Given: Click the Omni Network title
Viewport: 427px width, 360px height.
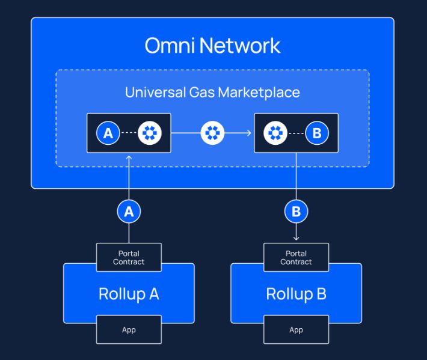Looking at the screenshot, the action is [212, 46].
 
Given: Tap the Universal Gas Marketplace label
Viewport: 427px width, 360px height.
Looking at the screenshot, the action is [212, 92].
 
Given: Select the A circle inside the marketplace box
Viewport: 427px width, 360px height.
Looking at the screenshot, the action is [108, 133].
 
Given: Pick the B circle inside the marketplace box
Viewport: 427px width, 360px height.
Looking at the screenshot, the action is [317, 133].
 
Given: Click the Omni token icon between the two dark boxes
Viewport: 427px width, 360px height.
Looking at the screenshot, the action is [212, 133].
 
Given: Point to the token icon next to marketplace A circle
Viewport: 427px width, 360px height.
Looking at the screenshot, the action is [150, 133].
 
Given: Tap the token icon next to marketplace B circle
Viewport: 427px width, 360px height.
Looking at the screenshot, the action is [275, 133].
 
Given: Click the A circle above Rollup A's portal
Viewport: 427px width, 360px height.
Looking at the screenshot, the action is [129, 212].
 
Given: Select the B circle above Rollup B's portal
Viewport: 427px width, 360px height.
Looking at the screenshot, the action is [296, 212].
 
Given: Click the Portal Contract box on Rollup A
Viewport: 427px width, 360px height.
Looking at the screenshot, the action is [129, 257].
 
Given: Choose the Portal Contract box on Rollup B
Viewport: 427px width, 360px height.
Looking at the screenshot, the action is [296, 257].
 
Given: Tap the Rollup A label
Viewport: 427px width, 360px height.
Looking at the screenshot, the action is [129, 294].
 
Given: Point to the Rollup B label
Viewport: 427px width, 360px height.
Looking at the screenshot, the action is [296, 294].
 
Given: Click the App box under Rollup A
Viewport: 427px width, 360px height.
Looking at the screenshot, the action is [129, 329].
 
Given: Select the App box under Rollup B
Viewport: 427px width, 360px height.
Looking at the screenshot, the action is [296, 329].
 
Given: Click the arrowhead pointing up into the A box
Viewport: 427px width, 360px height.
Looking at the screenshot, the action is [129, 157].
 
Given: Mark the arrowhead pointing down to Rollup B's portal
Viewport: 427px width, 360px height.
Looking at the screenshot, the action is [296, 239].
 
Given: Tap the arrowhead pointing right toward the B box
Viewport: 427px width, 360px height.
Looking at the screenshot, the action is [249, 133].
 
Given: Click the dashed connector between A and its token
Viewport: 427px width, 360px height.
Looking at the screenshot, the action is [129, 133].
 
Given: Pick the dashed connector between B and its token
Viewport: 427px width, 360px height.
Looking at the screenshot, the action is [296, 133].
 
